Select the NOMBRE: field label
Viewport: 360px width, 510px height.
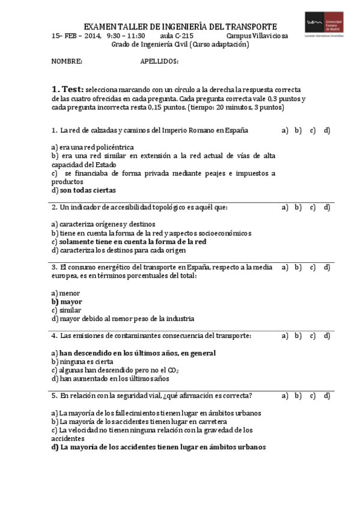point(67,61)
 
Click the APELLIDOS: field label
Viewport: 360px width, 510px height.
point(159,61)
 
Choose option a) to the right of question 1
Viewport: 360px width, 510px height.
point(285,131)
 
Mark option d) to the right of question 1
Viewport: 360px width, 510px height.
point(327,131)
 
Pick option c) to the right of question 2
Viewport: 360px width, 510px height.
point(313,207)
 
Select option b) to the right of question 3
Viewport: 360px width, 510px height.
point(298,267)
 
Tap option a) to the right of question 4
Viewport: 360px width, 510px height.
point(285,336)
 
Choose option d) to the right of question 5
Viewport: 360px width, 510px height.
point(327,396)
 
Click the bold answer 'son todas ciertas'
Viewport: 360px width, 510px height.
point(88,190)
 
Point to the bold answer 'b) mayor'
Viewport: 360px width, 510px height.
point(67,302)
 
